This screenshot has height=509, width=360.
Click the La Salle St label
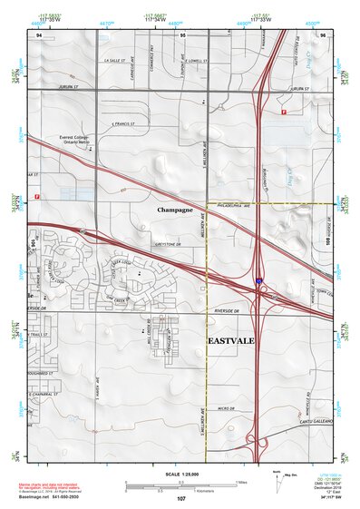(112, 61)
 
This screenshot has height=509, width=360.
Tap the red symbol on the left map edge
(37, 196)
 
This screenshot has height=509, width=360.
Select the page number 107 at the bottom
(181, 499)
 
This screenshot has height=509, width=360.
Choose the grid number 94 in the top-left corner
(39, 34)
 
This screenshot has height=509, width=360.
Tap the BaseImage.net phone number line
(58, 497)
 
